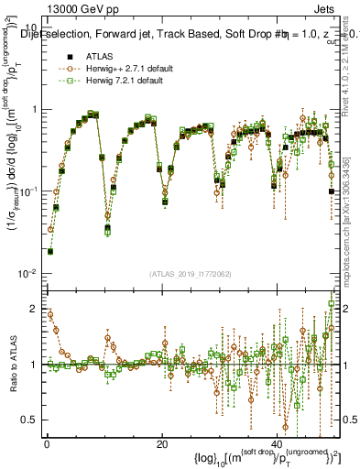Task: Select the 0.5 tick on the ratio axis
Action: (x=29, y=420)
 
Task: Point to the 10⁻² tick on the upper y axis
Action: (x=26, y=274)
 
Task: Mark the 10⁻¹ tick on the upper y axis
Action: (x=26, y=191)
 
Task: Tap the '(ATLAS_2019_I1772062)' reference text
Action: (x=191, y=274)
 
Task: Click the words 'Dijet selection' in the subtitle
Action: (x=56, y=36)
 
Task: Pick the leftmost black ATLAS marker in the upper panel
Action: (x=50, y=251)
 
